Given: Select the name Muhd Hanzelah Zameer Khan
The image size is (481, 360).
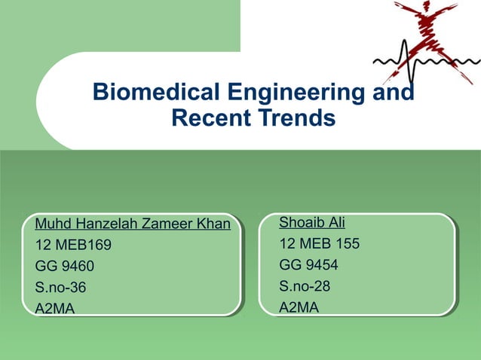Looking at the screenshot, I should pyautogui.click(x=133, y=224).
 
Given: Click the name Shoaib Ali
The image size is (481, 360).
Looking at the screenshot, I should pyautogui.click(x=311, y=222).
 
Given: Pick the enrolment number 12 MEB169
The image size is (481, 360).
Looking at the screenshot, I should pyautogui.click(x=73, y=245).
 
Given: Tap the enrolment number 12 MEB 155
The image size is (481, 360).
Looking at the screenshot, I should pyautogui.click(x=319, y=243).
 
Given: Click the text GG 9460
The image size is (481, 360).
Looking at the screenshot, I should pyautogui.click(x=66, y=266).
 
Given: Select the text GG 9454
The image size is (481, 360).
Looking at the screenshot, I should pyautogui.click(x=308, y=264).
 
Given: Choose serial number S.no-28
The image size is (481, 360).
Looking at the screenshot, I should pyautogui.click(x=305, y=285).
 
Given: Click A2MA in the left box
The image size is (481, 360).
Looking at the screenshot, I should pyautogui.click(x=55, y=308).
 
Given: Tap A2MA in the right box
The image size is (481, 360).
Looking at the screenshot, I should pyautogui.click(x=299, y=307).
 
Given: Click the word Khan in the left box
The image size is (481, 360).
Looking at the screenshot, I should pyautogui.click(x=213, y=224).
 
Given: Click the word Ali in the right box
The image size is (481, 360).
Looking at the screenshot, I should pyautogui.click(x=334, y=222).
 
